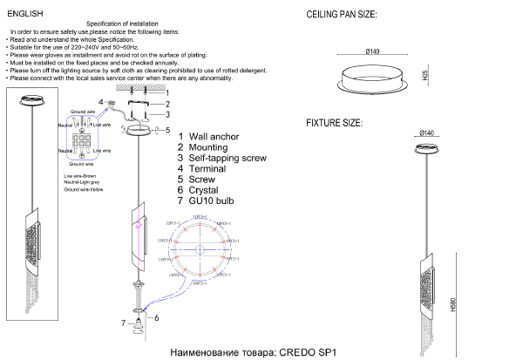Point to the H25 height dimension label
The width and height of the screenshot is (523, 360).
tap(425, 77)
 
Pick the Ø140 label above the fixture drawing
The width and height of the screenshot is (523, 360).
tap(427, 132)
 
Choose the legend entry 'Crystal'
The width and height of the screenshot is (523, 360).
tap(203, 189)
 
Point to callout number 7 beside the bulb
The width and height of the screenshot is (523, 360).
tap(123, 323)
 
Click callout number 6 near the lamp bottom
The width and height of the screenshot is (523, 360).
tap(156, 318)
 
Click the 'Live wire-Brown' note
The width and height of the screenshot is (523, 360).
tap(82, 175)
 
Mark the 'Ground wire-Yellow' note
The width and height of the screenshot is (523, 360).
tap(84, 189)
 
